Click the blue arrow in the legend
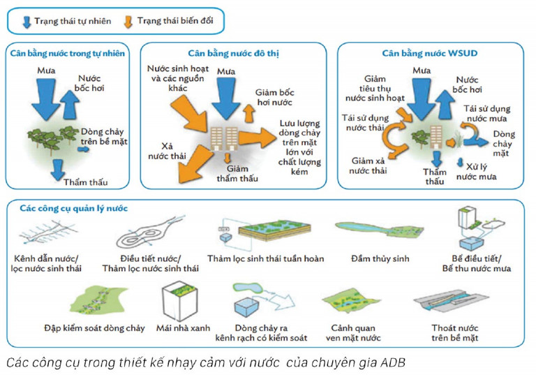(27, 21)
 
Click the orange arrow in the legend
(128, 21)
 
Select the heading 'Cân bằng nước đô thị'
(233, 53)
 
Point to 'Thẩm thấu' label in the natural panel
(86, 183)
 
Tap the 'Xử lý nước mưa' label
(476, 172)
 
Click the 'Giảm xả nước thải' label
(370, 166)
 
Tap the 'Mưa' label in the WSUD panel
(422, 71)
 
